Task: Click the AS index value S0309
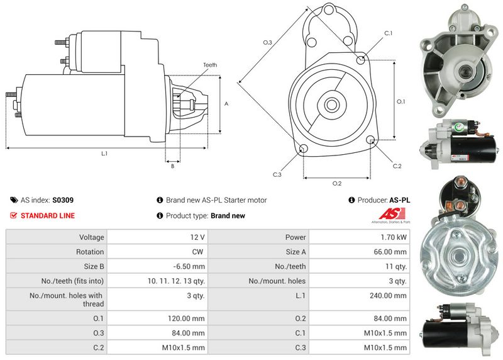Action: coord(62,200)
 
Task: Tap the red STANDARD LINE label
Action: coord(47,215)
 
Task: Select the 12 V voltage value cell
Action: coord(196,237)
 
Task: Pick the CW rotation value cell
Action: coord(197,252)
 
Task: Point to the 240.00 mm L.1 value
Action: coord(391,295)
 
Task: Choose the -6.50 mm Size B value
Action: coord(191,266)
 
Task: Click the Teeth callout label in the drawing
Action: coord(210,65)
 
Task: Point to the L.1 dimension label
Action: coord(104,154)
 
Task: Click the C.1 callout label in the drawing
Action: coord(388,33)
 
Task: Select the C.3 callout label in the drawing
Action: coord(277,174)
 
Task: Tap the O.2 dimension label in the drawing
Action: coord(336,183)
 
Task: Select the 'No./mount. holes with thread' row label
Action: coord(65,300)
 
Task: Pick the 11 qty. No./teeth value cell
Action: coord(395,266)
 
